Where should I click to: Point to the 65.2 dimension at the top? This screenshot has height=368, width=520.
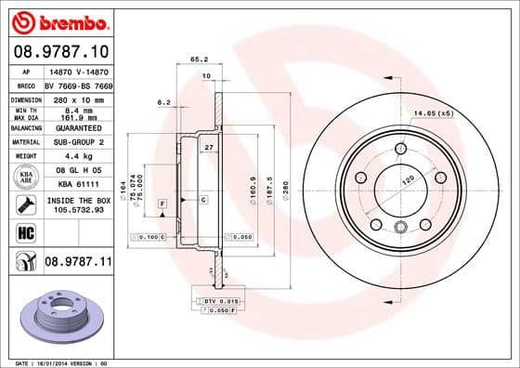197,59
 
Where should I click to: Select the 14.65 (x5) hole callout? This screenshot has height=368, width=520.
434,112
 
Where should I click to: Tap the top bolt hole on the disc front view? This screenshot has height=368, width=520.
400,148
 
